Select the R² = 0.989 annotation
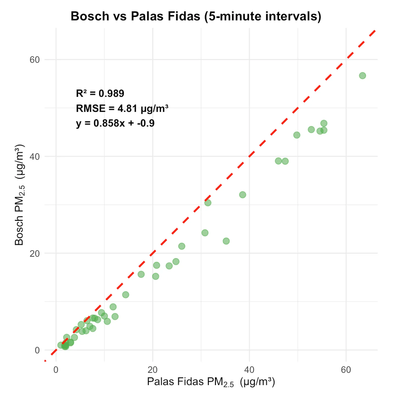point(100,94)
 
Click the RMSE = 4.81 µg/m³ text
point(122,108)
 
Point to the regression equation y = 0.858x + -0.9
point(115,123)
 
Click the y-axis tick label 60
point(35,60)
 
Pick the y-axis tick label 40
point(35,157)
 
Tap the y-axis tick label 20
point(35,254)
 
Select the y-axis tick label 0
point(37,350)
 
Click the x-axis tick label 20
point(153,370)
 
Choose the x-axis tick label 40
point(249,370)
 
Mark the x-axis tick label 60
point(346,370)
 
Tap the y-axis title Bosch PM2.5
point(19,195)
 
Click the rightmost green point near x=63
point(362,76)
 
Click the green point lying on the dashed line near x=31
point(208,203)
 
